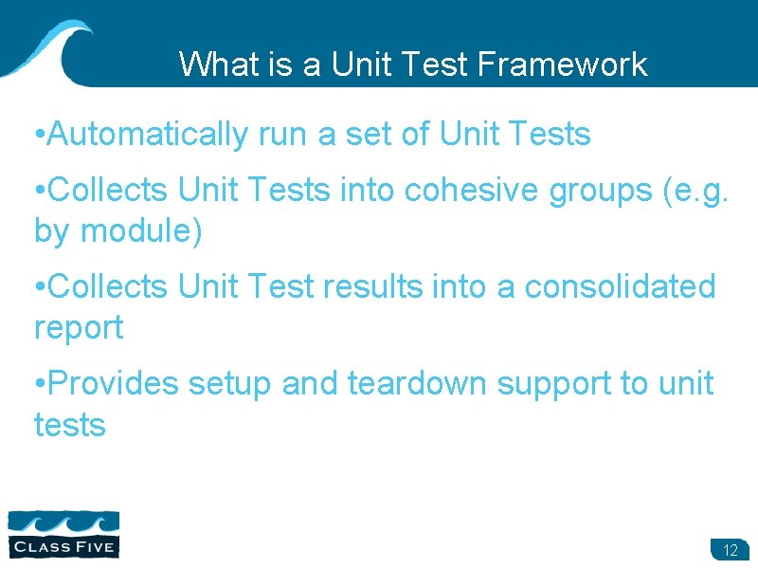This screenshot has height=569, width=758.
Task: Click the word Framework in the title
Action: point(563,64)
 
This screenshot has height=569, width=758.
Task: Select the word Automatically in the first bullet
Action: point(147,136)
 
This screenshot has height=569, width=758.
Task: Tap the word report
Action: point(79,329)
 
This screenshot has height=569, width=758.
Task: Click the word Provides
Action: point(112,383)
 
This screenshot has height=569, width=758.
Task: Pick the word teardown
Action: point(418,383)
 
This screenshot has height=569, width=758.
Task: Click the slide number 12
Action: point(730,550)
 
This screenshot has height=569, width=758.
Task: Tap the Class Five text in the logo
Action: point(63,546)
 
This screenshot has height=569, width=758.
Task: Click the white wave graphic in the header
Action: point(47,47)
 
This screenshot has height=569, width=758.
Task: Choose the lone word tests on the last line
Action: point(69,426)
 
